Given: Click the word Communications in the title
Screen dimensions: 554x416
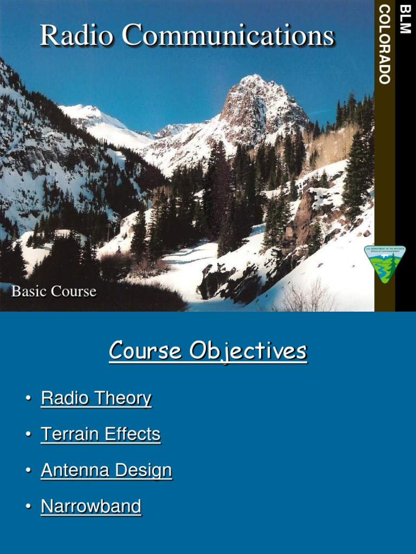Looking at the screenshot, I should click(x=227, y=36).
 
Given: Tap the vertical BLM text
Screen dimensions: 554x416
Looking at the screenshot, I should click(x=405, y=19).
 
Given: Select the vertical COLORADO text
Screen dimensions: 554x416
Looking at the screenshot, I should click(x=385, y=44).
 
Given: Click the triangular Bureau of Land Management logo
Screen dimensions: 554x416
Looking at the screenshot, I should click(x=384, y=264).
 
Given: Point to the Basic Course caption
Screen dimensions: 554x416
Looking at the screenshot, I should click(x=54, y=291).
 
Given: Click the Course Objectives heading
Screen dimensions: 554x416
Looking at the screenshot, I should click(x=208, y=351).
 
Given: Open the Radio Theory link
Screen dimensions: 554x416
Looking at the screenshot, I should click(x=96, y=399).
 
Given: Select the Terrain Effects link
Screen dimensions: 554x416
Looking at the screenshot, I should click(x=101, y=434).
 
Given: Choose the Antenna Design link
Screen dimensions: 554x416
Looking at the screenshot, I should click(x=106, y=470).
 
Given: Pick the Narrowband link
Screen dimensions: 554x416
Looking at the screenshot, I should click(x=91, y=506).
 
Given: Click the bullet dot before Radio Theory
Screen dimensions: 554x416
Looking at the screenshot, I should click(x=28, y=399).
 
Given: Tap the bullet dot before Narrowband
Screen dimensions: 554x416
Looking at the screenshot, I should click(x=28, y=507).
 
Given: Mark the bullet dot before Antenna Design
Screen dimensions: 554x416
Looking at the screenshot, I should click(x=28, y=471).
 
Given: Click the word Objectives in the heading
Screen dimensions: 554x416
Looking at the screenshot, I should click(x=248, y=352).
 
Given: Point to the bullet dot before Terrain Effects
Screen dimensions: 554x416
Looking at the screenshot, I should click(x=28, y=435).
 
